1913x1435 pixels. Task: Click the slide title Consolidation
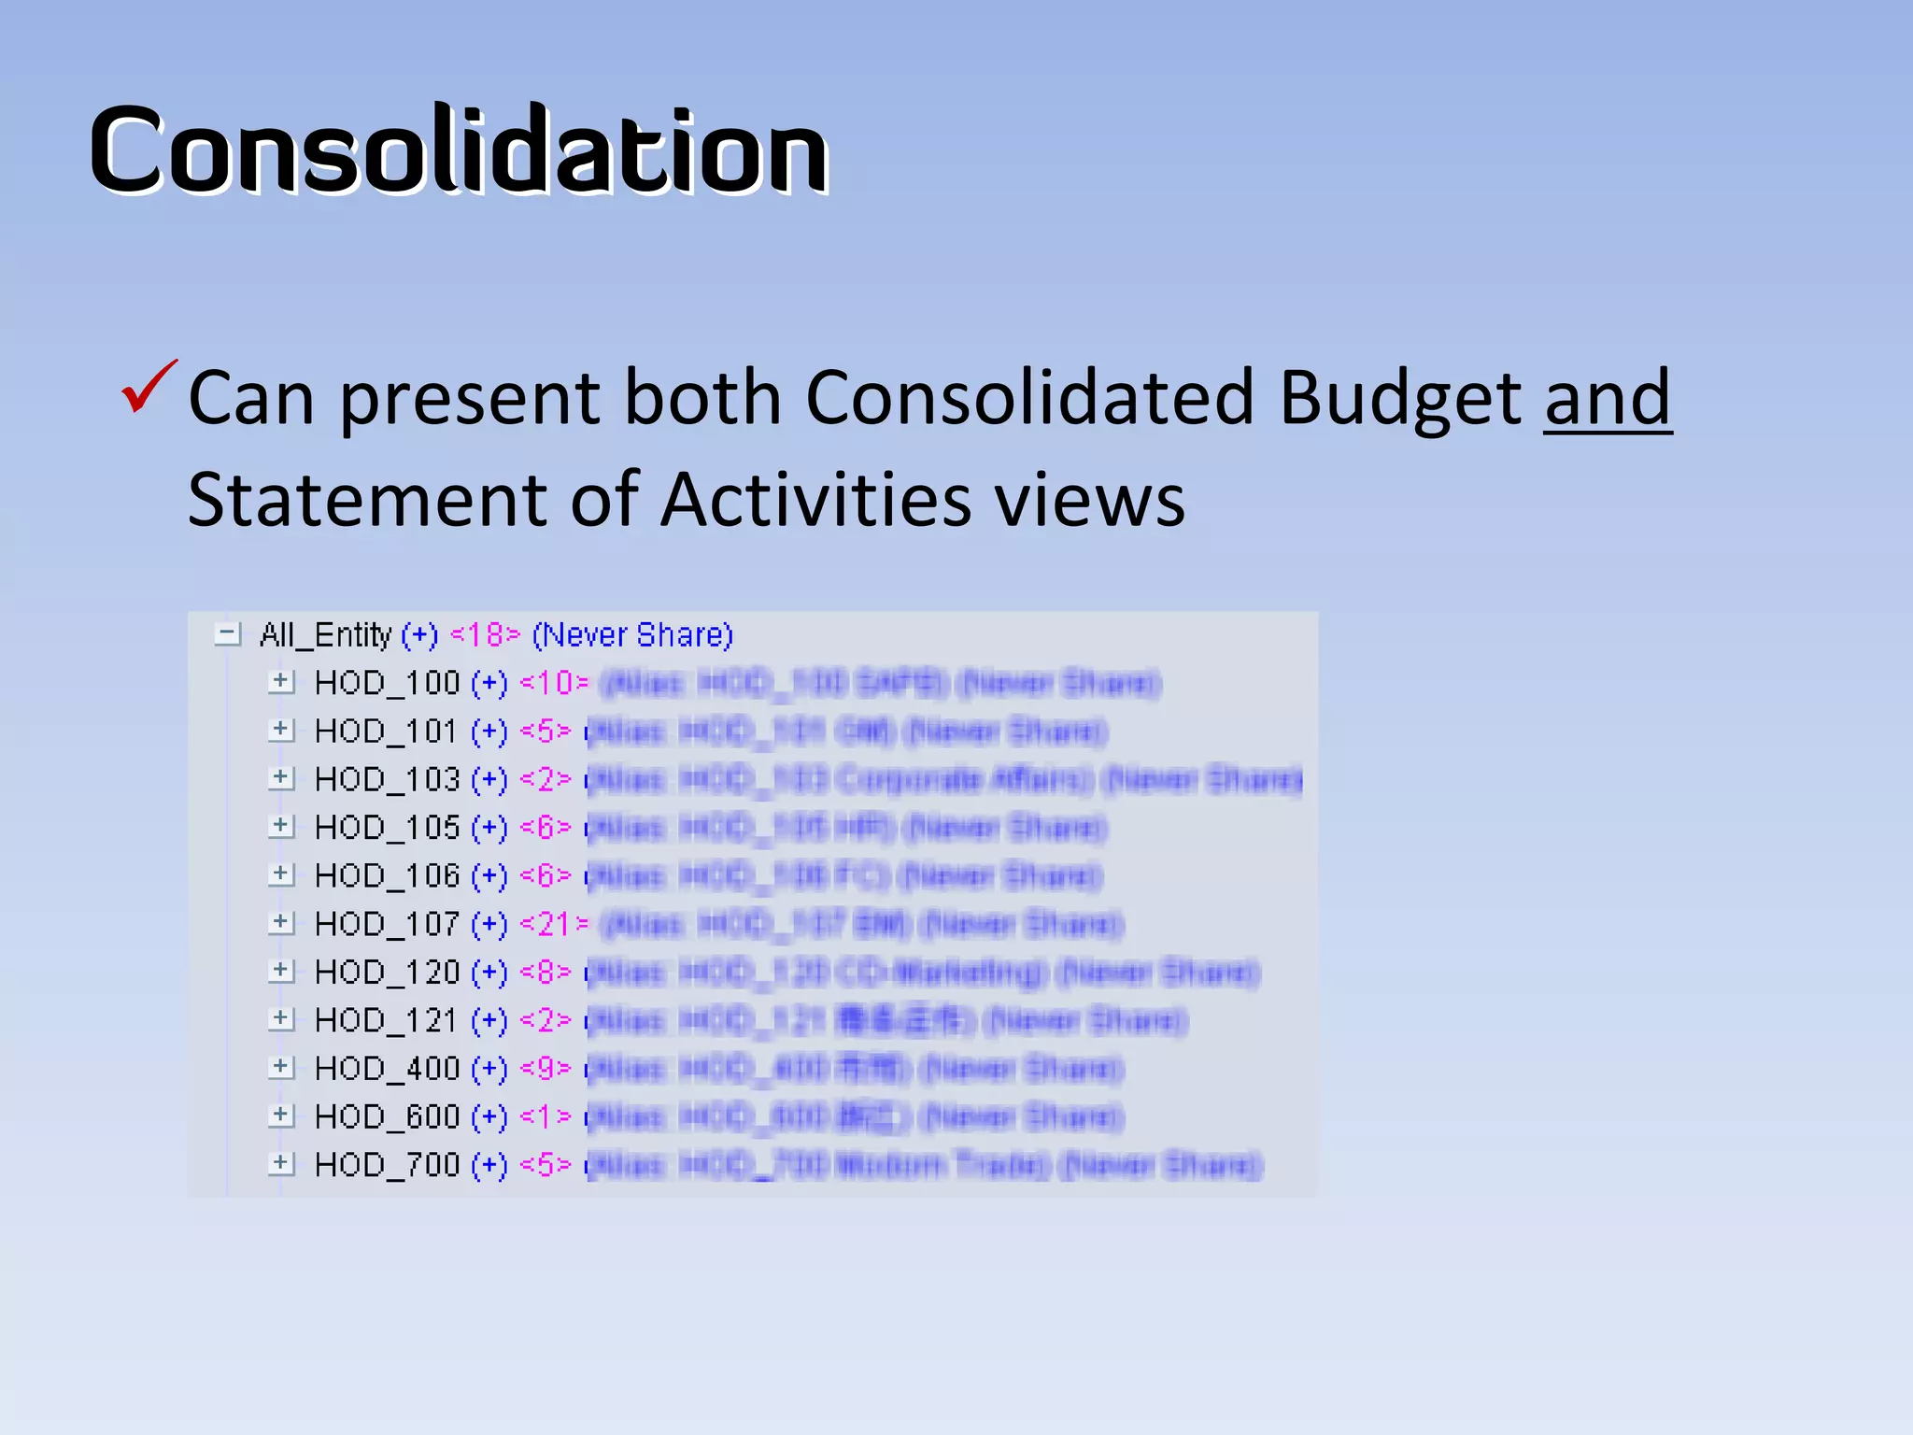(459, 150)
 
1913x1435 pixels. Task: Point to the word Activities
(817, 500)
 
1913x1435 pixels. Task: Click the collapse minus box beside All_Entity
(227, 634)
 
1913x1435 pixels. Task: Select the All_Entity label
(325, 635)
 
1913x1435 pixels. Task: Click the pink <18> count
(485, 635)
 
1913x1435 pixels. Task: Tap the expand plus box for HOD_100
(280, 682)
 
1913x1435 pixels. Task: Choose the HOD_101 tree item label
(387, 732)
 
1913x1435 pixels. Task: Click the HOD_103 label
(387, 779)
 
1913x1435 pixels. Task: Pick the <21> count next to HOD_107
(554, 924)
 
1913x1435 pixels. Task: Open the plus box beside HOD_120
(280, 972)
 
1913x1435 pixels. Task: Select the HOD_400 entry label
(387, 1069)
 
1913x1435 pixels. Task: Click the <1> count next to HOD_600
(546, 1116)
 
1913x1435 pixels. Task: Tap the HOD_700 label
(387, 1165)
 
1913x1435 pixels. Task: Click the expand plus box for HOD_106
(280, 875)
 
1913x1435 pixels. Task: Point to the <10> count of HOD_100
(554, 683)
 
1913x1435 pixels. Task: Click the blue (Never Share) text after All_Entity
(632, 635)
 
